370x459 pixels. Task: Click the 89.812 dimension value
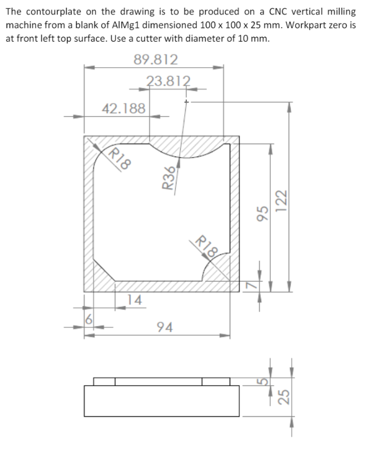click(x=156, y=59)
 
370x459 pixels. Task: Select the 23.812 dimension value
click(x=169, y=81)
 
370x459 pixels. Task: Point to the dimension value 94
click(x=164, y=326)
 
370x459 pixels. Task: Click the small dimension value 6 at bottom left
click(x=88, y=320)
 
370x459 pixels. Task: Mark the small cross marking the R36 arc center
click(x=188, y=102)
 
